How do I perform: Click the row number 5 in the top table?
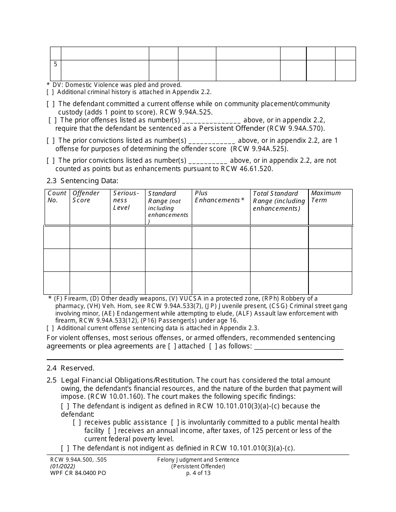55,65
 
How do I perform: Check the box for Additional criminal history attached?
50,92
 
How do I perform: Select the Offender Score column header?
86,196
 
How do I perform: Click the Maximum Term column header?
326,196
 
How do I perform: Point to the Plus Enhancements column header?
219,196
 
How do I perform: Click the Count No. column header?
57,196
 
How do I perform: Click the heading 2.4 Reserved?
70,368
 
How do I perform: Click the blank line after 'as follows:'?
298,346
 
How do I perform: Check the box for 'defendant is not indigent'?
65,448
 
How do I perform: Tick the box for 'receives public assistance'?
77,423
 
